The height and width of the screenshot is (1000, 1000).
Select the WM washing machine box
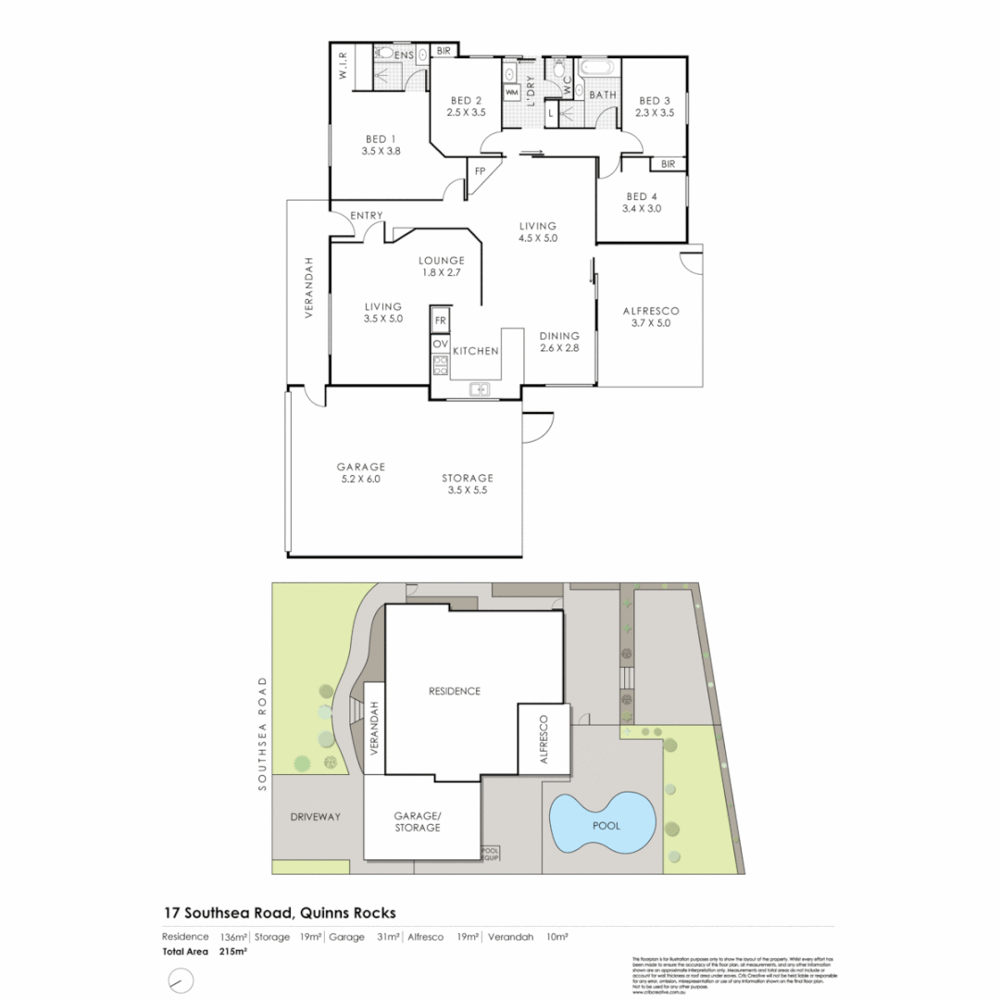pyautogui.click(x=512, y=93)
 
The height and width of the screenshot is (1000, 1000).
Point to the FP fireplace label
pyautogui.click(x=480, y=171)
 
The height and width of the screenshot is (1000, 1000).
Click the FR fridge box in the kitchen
pyautogui.click(x=441, y=320)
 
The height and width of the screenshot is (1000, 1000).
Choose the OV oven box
pyautogui.click(x=441, y=344)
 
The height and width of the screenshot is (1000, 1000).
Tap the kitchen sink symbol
pyautogui.click(x=480, y=389)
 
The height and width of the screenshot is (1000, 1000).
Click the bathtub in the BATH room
pyautogui.click(x=599, y=69)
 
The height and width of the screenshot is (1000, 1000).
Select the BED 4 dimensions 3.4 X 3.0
pyautogui.click(x=643, y=209)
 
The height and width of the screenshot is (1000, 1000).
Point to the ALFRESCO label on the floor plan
pyautogui.click(x=649, y=310)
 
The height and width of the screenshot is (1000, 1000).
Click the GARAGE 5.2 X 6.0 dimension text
pyautogui.click(x=360, y=480)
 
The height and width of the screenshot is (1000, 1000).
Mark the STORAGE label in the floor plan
pyautogui.click(x=467, y=478)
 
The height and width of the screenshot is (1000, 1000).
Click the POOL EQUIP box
pyautogui.click(x=491, y=854)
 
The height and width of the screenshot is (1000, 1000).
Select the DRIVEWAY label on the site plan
pyautogui.click(x=316, y=817)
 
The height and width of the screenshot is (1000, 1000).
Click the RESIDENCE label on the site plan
pyautogui.click(x=454, y=691)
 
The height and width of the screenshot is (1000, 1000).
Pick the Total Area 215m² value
pyautogui.click(x=233, y=951)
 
